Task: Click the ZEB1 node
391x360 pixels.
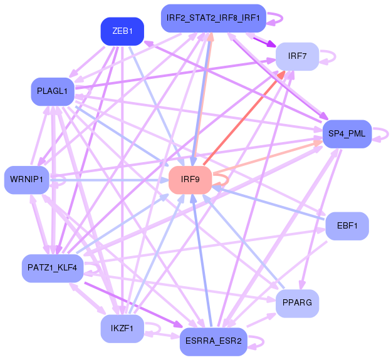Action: pos(122,31)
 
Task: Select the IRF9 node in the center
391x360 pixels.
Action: pos(190,180)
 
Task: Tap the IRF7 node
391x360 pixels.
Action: pos(297,56)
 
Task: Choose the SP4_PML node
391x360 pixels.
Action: pos(347,134)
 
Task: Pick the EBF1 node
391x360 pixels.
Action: pos(347,225)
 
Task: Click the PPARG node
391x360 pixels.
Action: pos(297,303)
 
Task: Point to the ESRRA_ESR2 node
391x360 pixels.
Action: pos(214,341)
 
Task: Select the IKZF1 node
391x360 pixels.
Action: pos(122,328)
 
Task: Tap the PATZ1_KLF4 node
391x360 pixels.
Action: pos(53,267)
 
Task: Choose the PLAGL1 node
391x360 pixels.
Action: pos(53,91)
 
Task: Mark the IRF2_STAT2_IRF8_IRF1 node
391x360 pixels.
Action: pos(214,18)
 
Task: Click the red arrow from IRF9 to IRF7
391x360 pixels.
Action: pos(244,116)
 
